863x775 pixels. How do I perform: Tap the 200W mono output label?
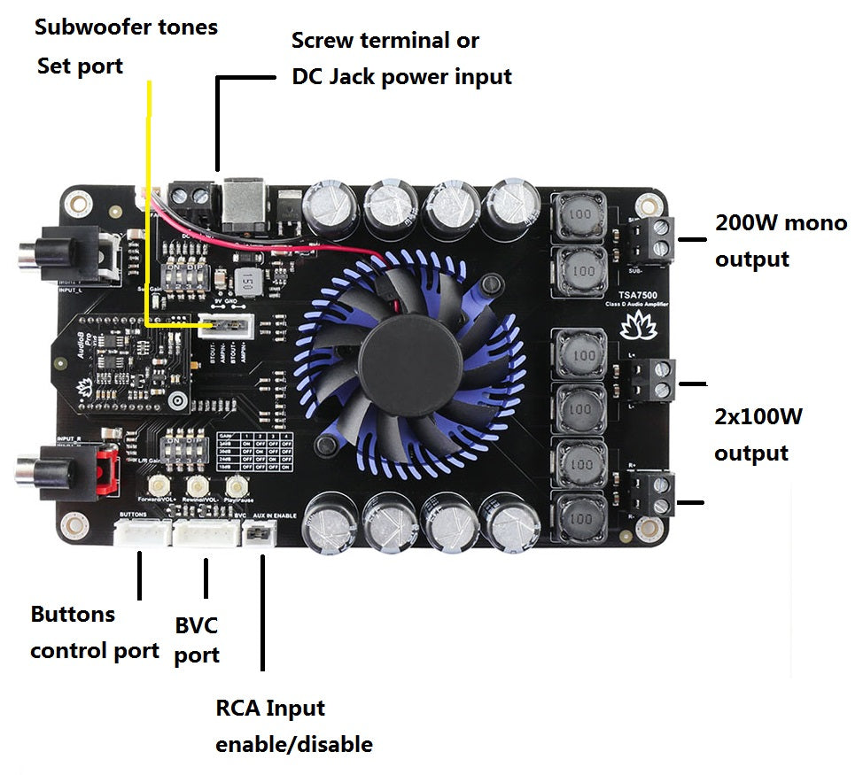780,241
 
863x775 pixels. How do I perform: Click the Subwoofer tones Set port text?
125,46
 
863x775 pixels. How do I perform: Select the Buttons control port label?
94,632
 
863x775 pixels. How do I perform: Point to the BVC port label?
196,640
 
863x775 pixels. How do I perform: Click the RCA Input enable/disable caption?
293,726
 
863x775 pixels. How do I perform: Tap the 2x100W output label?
758,435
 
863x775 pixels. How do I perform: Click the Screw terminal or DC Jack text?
400,58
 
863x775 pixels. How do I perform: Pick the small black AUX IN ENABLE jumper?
259,533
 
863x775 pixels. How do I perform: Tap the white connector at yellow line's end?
220,325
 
